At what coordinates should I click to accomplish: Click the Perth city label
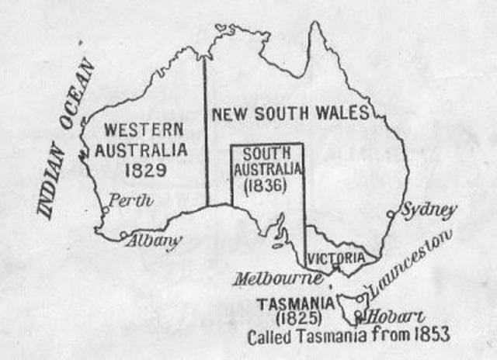point(130,201)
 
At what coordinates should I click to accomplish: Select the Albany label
point(156,241)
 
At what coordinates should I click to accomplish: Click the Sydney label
point(429,210)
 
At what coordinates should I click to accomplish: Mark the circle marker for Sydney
point(391,215)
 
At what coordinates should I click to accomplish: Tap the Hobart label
point(395,317)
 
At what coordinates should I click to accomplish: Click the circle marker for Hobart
point(359,316)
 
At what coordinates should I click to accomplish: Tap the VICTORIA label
point(335,257)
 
